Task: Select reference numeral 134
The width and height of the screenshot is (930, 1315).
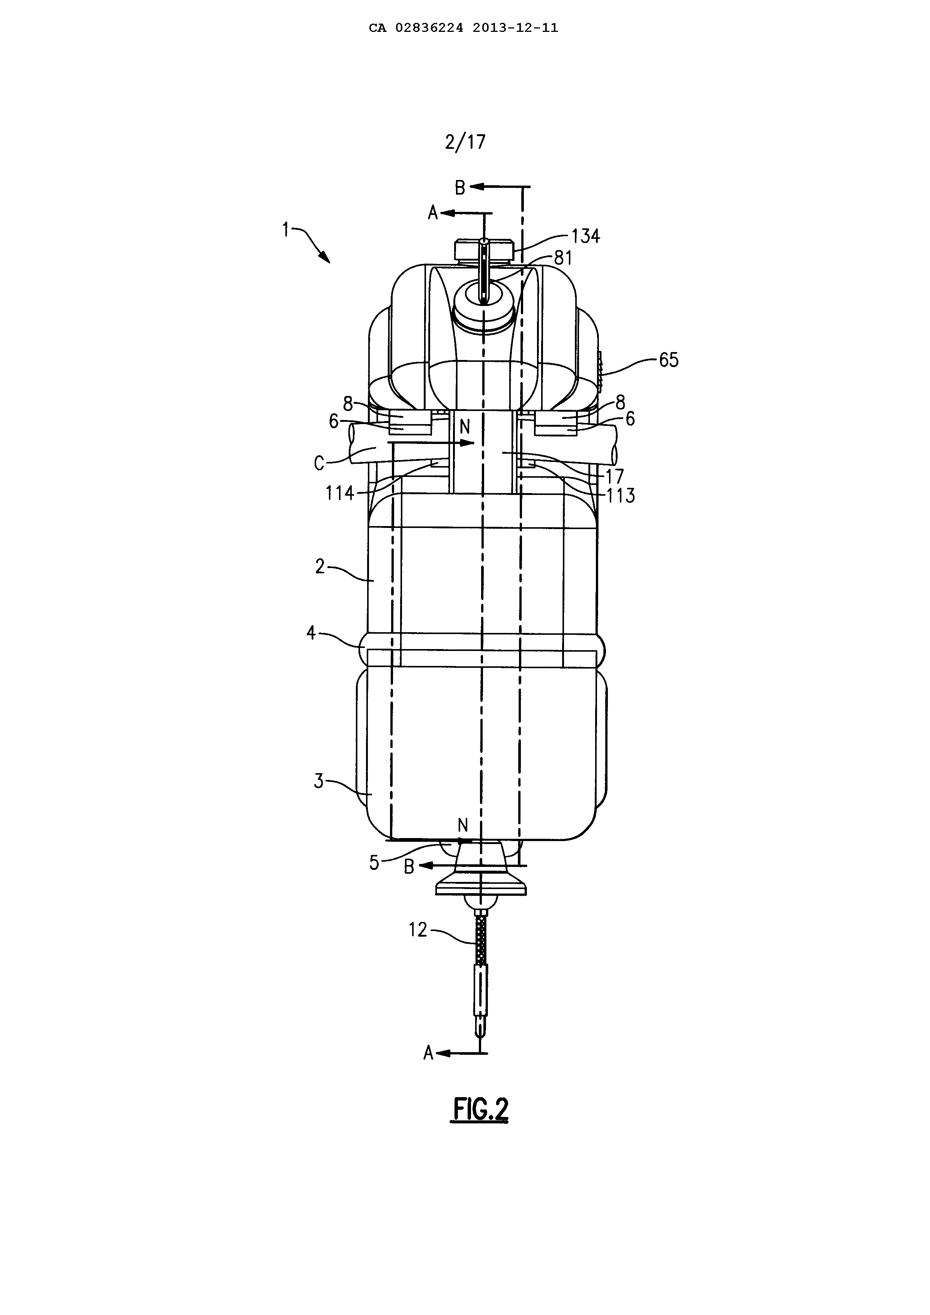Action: click(585, 235)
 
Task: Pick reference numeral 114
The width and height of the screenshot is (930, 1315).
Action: click(340, 493)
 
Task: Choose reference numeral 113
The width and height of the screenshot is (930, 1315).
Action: click(621, 495)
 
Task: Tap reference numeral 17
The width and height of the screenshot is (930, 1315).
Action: click(615, 477)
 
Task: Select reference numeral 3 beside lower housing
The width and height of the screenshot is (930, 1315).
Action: click(319, 781)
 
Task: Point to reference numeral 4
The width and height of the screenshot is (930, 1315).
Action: click(311, 633)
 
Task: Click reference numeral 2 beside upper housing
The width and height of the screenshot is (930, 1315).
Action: click(319, 567)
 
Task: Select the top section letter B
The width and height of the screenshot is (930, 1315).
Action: click(460, 187)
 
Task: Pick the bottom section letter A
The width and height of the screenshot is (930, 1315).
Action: click(428, 1053)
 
